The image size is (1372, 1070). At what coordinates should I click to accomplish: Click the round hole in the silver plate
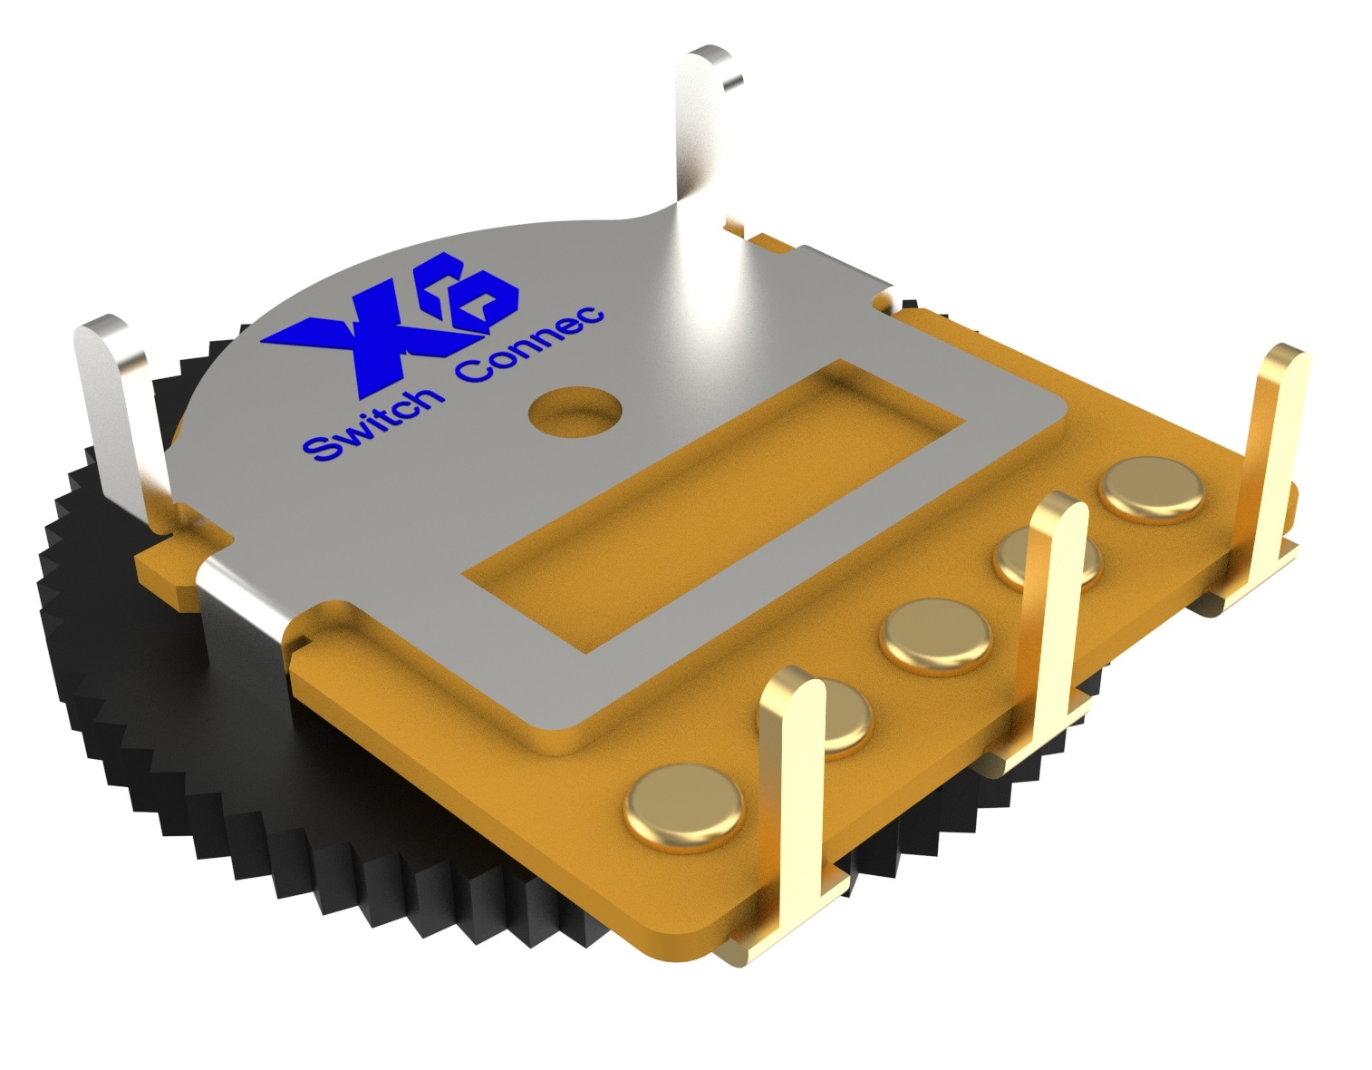tap(575, 411)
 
